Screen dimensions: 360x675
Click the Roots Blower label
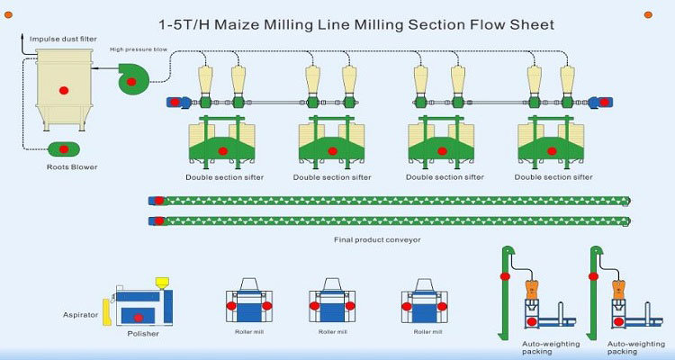click(x=72, y=166)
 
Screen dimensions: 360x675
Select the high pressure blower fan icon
click(x=132, y=81)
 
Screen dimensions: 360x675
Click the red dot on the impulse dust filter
click(x=62, y=90)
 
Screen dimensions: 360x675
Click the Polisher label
click(x=143, y=334)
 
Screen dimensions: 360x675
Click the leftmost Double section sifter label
click(x=225, y=176)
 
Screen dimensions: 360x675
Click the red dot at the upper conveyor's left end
click(x=159, y=200)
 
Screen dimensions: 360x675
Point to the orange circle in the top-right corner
click(x=646, y=13)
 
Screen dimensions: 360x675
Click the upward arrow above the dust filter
click(x=22, y=35)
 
